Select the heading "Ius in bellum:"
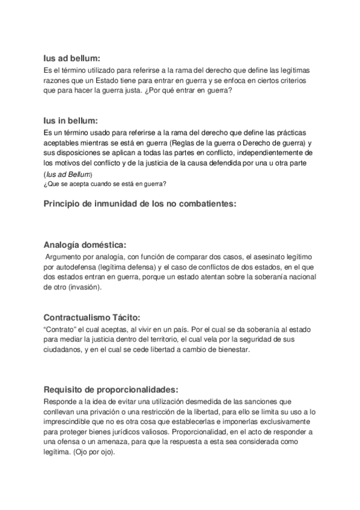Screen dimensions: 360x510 (70, 120)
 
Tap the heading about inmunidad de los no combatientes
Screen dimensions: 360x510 (141, 203)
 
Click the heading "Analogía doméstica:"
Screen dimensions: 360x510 (85, 245)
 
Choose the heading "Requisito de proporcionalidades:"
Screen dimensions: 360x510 (111, 389)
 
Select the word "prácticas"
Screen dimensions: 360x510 (293, 132)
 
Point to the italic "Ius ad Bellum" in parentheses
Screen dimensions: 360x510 (67, 174)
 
